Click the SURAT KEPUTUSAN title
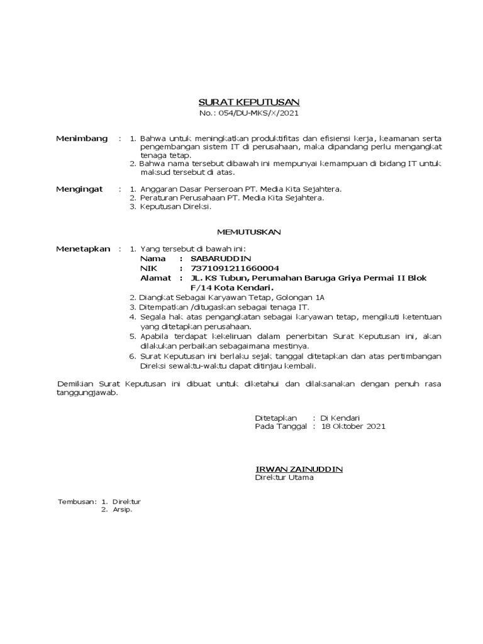[x=249, y=102]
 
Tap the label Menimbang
[x=82, y=138]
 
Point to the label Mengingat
[x=80, y=189]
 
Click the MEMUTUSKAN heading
[x=250, y=232]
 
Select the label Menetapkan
[x=83, y=249]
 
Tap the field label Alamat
[x=153, y=277]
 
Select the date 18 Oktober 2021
[x=353, y=426]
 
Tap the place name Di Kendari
[x=340, y=417]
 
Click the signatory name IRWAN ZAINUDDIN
[x=299, y=469]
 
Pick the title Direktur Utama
[x=284, y=477]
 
